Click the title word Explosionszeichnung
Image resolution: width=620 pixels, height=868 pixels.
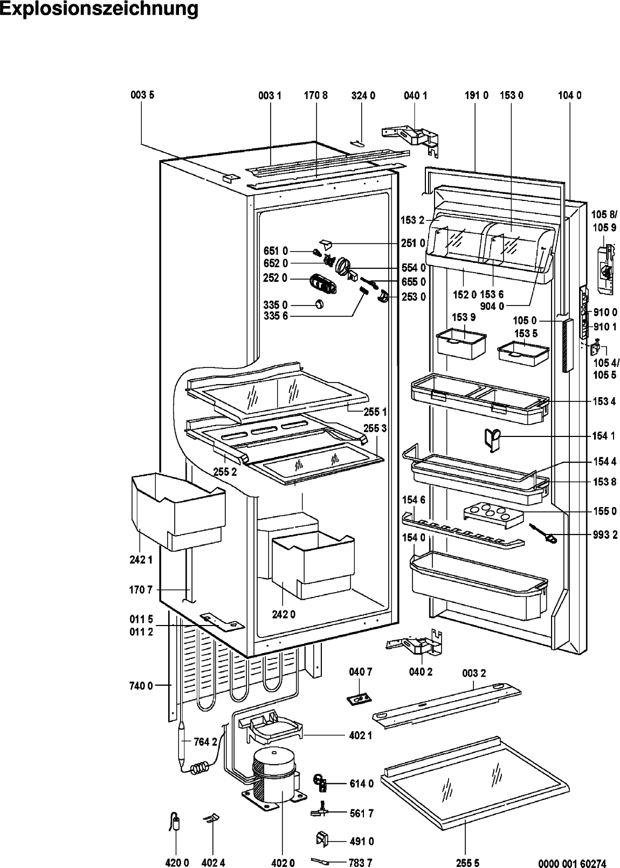pyautogui.click(x=99, y=9)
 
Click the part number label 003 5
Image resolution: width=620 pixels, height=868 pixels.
pyautogui.click(x=142, y=95)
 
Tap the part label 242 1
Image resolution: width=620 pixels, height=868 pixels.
pyautogui.click(x=141, y=560)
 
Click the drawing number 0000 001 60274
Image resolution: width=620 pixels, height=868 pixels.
pyautogui.click(x=572, y=863)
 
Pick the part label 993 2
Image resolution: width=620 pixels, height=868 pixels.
pyautogui.click(x=604, y=535)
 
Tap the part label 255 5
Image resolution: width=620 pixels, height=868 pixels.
pyautogui.click(x=467, y=863)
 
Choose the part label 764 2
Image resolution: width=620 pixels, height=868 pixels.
pyautogui.click(x=205, y=742)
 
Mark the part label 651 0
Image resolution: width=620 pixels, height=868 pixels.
pyautogui.click(x=275, y=251)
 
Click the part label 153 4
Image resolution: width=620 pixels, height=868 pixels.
pyautogui.click(x=604, y=401)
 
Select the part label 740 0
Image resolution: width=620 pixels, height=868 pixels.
pyautogui.click(x=141, y=686)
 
